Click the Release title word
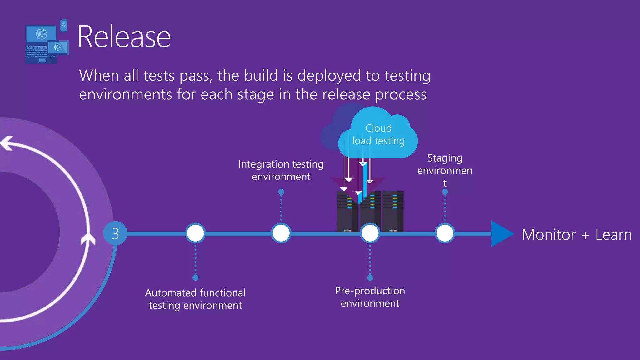coord(124,37)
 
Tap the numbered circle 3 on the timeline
coord(115,233)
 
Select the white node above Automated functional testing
coord(195,233)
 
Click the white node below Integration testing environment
coord(281,233)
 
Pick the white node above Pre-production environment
coord(370,233)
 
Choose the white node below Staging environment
coord(445,233)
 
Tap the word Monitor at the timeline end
coord(549,235)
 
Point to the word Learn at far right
coord(613,235)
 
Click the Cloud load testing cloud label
coord(378,135)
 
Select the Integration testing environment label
coord(281,170)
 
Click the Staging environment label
coord(445,170)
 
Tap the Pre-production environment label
coord(370,297)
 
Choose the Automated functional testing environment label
coord(195,299)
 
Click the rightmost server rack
coord(393,211)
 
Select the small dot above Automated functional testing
coord(195,277)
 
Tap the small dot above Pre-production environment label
coord(370,277)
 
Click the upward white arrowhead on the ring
coord(88,239)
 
